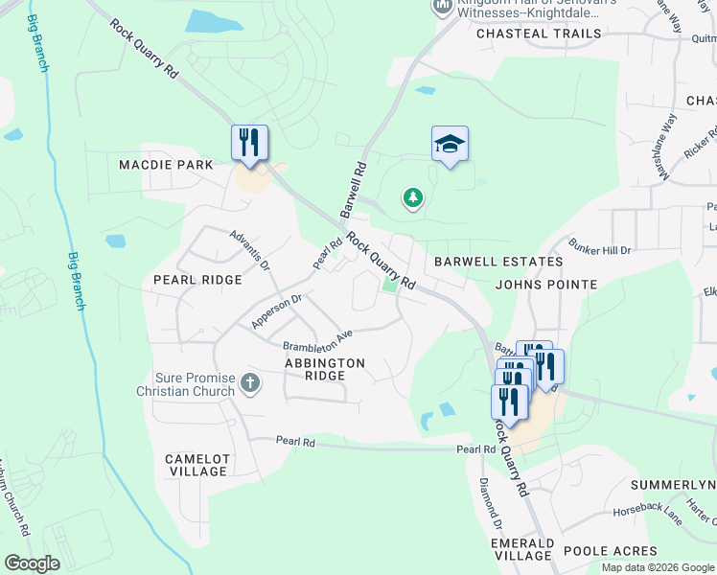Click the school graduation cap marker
click(450, 145)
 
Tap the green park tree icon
click(413, 197)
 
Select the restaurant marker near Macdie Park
click(249, 144)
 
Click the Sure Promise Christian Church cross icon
click(249, 384)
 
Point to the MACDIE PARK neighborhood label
click(166, 165)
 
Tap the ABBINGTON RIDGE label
click(325, 369)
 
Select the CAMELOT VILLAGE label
click(197, 465)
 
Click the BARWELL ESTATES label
click(497, 261)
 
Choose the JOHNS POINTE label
click(546, 285)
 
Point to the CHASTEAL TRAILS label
click(539, 34)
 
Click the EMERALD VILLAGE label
click(521, 549)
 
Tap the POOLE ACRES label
click(611, 551)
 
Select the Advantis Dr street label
click(249, 249)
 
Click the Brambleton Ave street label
click(317, 339)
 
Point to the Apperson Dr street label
click(276, 311)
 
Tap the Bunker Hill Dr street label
click(599, 250)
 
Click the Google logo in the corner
click(32, 563)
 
